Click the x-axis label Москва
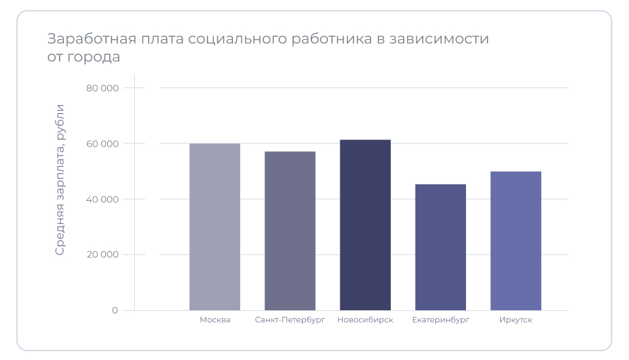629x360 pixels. [x=215, y=320]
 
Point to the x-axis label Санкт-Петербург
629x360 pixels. [x=290, y=320]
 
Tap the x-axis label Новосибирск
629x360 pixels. [x=365, y=320]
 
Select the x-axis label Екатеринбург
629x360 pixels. [x=440, y=320]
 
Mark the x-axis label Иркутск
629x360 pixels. [x=516, y=320]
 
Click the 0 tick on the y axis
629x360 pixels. [x=115, y=310]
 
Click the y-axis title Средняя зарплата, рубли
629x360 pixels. [x=60, y=179]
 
